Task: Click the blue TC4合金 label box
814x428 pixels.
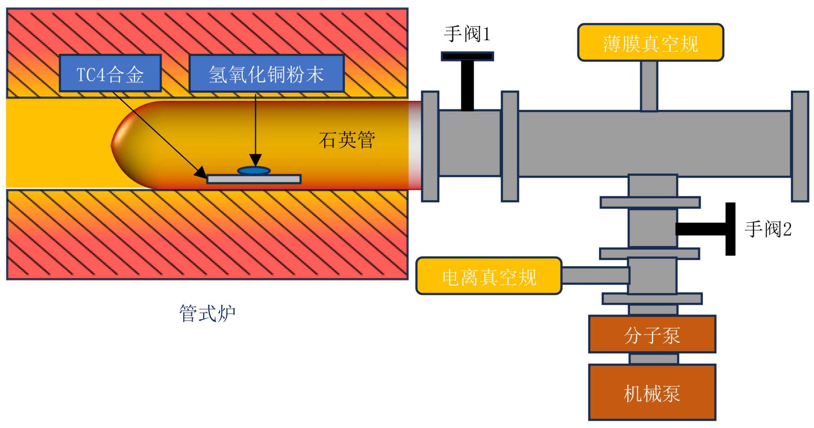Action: tap(110, 73)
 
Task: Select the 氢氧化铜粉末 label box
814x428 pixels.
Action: tap(267, 73)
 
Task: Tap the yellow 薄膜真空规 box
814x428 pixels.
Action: tap(650, 43)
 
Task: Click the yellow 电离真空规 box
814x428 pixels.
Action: tap(489, 276)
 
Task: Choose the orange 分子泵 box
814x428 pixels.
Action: tap(652, 334)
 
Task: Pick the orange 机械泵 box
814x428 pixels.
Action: tap(652, 392)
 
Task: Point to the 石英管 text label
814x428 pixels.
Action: tap(347, 140)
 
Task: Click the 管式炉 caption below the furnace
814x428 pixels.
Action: tap(208, 313)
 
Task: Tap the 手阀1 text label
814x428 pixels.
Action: tap(467, 34)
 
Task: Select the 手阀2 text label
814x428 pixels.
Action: tap(768, 229)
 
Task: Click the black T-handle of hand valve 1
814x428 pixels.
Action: tap(467, 81)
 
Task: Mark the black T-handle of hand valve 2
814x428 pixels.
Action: tap(706, 229)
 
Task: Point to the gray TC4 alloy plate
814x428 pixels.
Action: tap(254, 179)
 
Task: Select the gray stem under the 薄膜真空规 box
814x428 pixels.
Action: tap(649, 86)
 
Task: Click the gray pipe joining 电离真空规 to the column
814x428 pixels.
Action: tap(595, 275)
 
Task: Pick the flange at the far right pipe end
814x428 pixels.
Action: tap(800, 146)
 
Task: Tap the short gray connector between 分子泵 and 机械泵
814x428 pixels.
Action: tap(654, 359)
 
